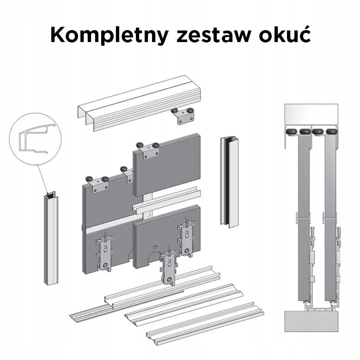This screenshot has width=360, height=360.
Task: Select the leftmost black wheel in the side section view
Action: [x=292, y=132]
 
